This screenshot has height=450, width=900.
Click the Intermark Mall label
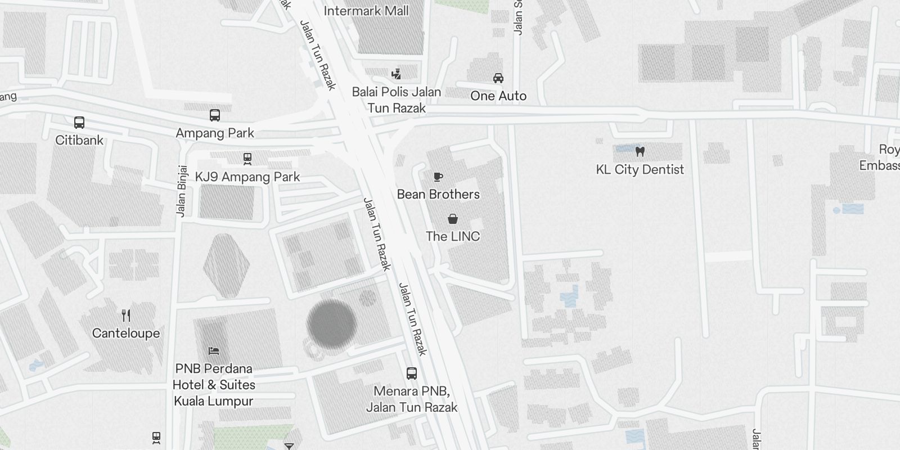[366, 11]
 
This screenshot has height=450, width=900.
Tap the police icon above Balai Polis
[397, 73]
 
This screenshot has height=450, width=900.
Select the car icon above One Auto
[498, 78]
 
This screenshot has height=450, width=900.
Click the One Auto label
[498, 96]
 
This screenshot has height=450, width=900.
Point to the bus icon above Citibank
[79, 122]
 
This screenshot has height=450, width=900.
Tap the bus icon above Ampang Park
[215, 115]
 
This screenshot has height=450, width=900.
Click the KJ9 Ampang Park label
[247, 177]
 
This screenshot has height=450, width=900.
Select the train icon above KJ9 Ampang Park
[247, 159]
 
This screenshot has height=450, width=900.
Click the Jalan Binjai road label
[181, 191]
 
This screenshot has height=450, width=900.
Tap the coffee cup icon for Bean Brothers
[438, 177]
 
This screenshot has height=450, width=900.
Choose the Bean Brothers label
[438, 194]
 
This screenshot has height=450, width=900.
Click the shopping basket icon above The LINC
[453, 219]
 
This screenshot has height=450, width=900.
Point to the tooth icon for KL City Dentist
[640, 151]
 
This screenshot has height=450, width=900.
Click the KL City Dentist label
[640, 169]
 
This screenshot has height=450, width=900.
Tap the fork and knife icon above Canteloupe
[126, 316]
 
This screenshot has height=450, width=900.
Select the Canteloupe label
[126, 333]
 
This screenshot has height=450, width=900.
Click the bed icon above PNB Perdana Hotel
[213, 351]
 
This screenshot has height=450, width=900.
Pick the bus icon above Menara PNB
[412, 373]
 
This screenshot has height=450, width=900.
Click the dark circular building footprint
[331, 324]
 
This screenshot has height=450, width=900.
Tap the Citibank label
[79, 140]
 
